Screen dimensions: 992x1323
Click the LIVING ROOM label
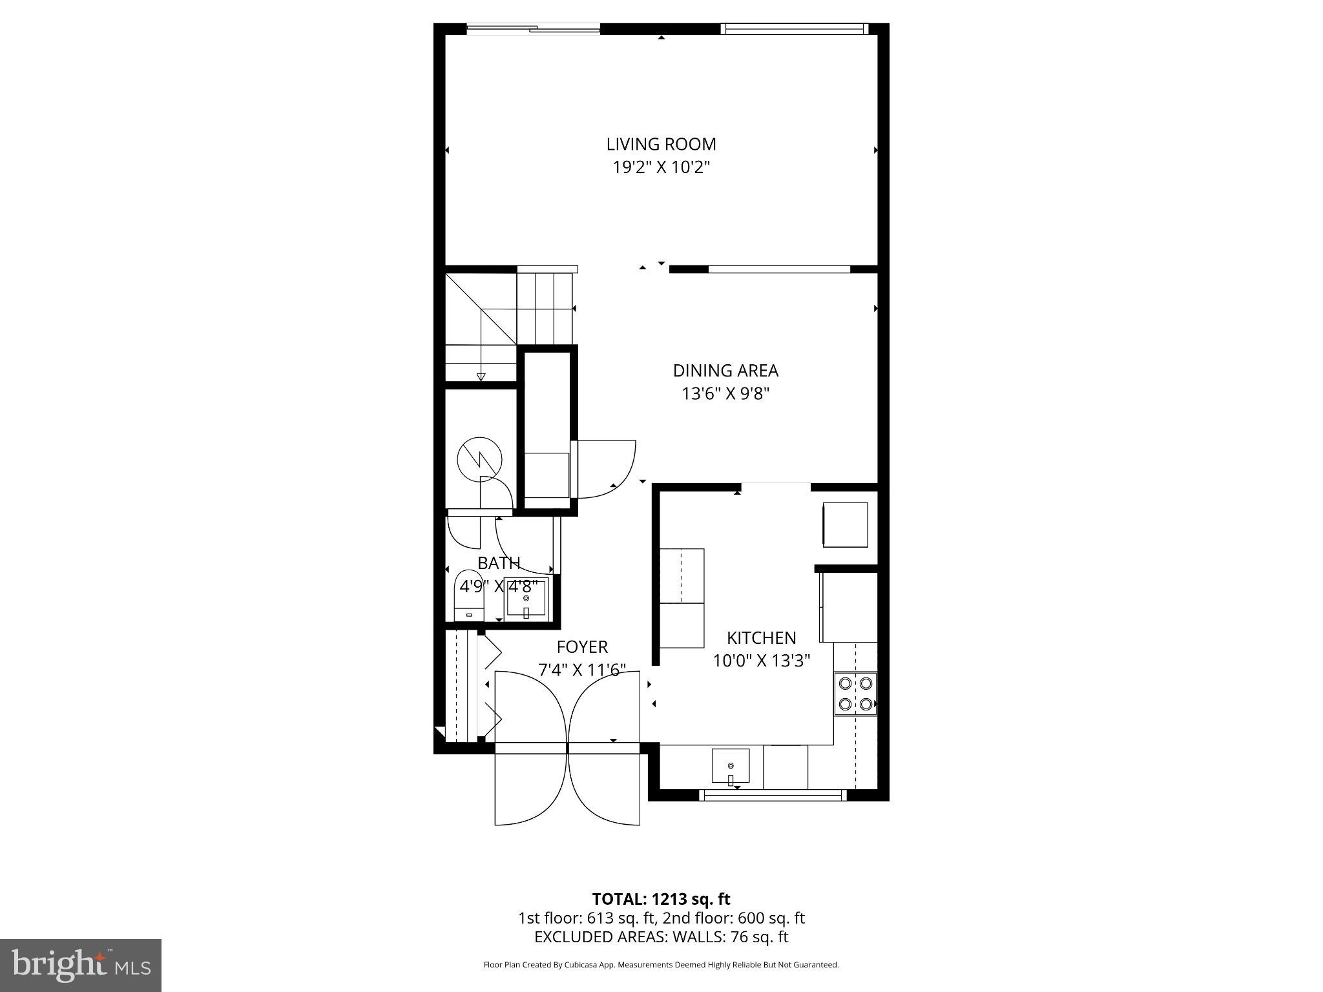coord(661,144)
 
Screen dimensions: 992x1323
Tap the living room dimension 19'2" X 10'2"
coord(661,168)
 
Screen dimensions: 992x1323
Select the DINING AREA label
coord(725,371)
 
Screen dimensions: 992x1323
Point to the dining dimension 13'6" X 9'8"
coord(725,394)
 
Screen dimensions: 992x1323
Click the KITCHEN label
coord(761,638)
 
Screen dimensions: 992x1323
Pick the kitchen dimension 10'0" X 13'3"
coord(761,661)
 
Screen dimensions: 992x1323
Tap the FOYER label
coord(582,647)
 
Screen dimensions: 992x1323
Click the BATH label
coord(499,563)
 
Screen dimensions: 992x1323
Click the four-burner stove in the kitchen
coord(855,693)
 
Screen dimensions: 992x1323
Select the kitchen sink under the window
coord(731,767)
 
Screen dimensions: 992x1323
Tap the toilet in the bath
coord(470,595)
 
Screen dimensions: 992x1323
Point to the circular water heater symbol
coord(479,459)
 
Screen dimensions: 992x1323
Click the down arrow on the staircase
coord(481,377)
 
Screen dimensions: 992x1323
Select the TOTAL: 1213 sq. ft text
coord(661,899)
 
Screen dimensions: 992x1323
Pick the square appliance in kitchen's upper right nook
coord(845,525)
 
